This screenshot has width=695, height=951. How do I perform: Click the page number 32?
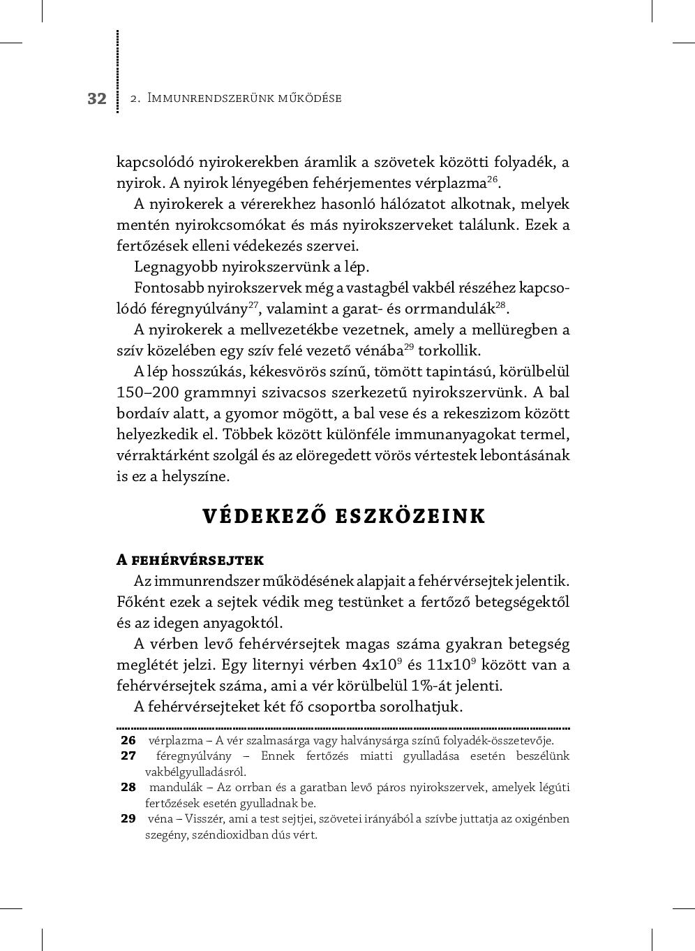[x=97, y=98]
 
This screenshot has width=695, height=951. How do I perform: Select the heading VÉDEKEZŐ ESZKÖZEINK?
[x=343, y=516]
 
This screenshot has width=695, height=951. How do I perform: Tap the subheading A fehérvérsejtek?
[x=190, y=560]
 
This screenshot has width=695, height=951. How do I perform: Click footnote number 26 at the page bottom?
[x=128, y=740]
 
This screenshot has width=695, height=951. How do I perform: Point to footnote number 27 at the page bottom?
[x=128, y=755]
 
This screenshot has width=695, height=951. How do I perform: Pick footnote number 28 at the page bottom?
[x=128, y=787]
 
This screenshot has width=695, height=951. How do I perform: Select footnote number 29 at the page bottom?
[x=128, y=818]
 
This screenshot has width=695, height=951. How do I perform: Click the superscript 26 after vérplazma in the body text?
[x=492, y=180]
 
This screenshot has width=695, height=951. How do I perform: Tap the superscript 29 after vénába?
[x=410, y=347]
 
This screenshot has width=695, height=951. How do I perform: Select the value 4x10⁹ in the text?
[x=382, y=664]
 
